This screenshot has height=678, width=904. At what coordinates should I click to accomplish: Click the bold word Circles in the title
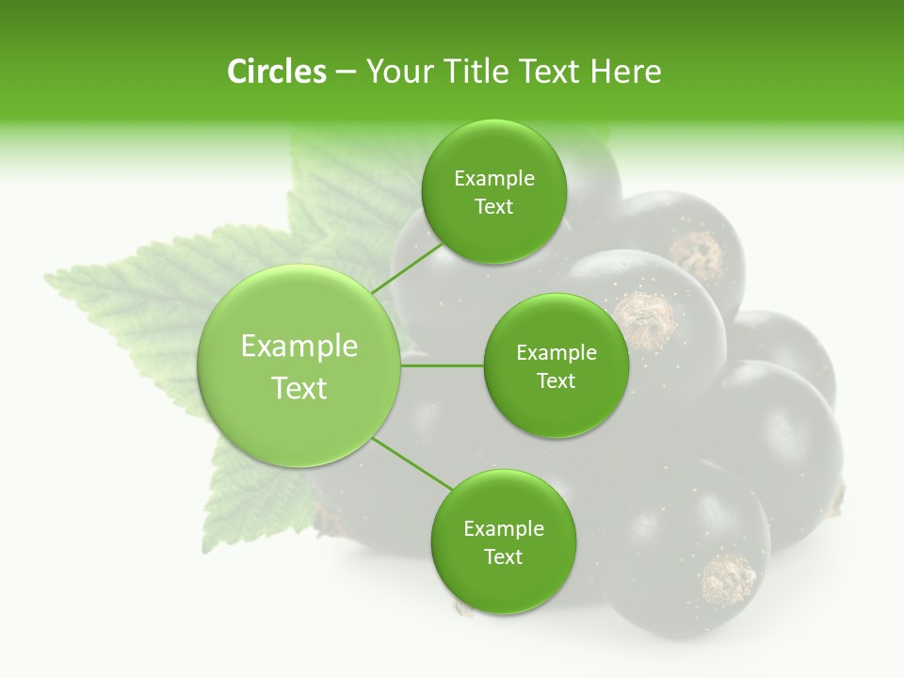click(x=276, y=72)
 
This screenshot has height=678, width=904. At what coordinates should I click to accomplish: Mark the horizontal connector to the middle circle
click(x=442, y=365)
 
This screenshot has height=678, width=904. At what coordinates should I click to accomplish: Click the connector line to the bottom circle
click(x=412, y=463)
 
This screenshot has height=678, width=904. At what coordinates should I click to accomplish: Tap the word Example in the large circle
click(x=299, y=347)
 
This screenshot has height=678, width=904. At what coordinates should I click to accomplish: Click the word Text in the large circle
click(x=299, y=388)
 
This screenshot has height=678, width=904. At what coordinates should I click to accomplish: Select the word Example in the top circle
click(x=493, y=179)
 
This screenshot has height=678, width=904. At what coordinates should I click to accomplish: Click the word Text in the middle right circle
click(x=556, y=380)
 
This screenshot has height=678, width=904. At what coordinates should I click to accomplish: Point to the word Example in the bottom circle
click(x=503, y=528)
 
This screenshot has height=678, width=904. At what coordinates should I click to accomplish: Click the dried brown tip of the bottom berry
click(x=729, y=576)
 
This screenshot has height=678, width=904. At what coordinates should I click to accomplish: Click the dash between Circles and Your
click(x=346, y=73)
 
